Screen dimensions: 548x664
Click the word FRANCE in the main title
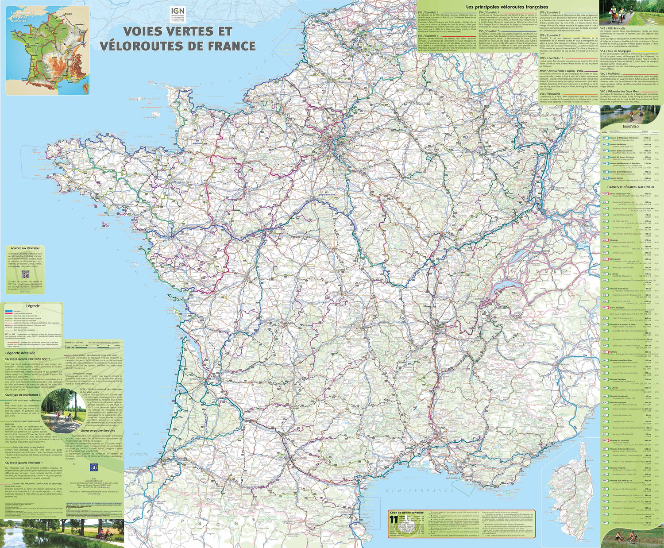point(224,46)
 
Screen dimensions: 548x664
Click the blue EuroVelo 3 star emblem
point(93,467)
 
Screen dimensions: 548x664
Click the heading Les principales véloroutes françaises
point(507,7)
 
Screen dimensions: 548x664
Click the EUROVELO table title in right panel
point(632,127)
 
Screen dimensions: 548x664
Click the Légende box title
point(33,306)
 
